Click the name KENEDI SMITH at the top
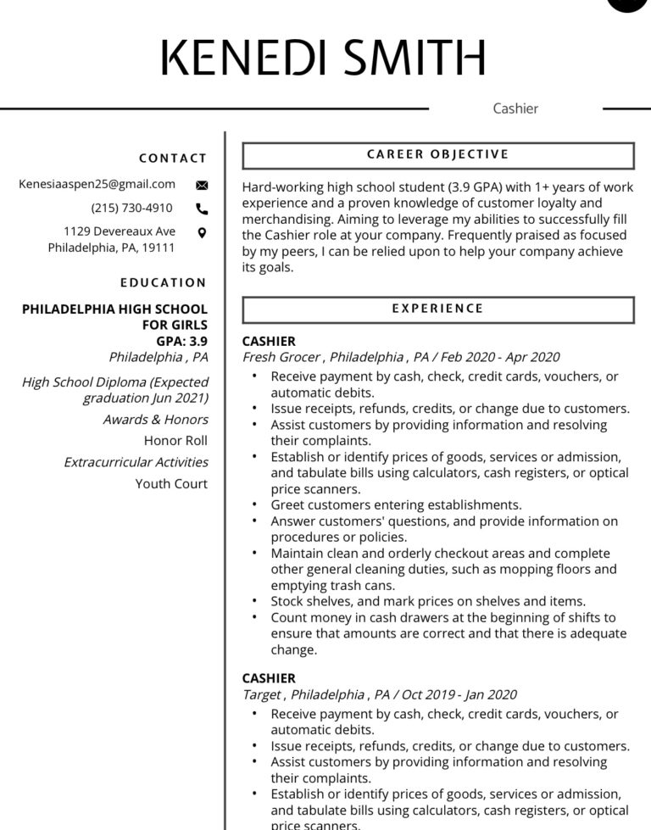pos(323,57)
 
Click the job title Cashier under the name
pos(515,109)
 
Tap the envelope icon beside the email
pos(202,185)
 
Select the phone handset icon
pos(202,209)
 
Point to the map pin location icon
pos(202,232)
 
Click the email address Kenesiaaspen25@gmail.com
pos(97,184)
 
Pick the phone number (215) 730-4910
pos(131,208)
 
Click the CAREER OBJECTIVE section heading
pos(437,155)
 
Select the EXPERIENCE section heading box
pos(437,309)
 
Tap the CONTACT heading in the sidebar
pos(173,159)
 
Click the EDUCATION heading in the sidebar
pos(164,283)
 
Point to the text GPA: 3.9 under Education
pos(181,341)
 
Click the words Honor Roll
pos(175,441)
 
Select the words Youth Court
pos(171,484)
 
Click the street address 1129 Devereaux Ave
pos(120,231)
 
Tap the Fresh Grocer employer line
pos(401,358)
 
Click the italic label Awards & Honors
pos(155,420)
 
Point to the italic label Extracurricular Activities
pos(136,463)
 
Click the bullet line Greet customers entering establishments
pos(396,505)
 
